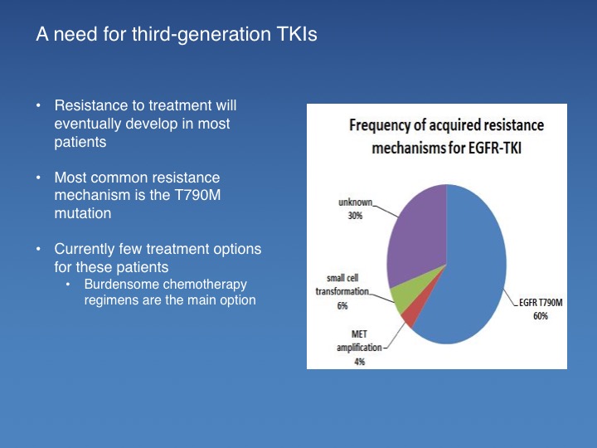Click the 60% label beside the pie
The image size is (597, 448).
pyautogui.click(x=541, y=316)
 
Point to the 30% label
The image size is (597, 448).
pyautogui.click(x=355, y=216)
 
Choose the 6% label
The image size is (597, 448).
pyautogui.click(x=342, y=305)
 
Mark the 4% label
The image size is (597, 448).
pyautogui.click(x=359, y=361)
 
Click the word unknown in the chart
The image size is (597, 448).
pyautogui.click(x=355, y=202)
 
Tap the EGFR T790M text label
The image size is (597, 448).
pyautogui.click(x=541, y=303)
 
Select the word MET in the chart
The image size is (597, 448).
pyautogui.click(x=359, y=334)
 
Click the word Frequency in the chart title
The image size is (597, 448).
pyautogui.click(x=375, y=125)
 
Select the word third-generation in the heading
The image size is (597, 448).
pyautogui.click(x=201, y=34)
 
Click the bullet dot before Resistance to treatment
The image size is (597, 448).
pyautogui.click(x=38, y=105)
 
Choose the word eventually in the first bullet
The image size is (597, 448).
pyautogui.click(x=87, y=124)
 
